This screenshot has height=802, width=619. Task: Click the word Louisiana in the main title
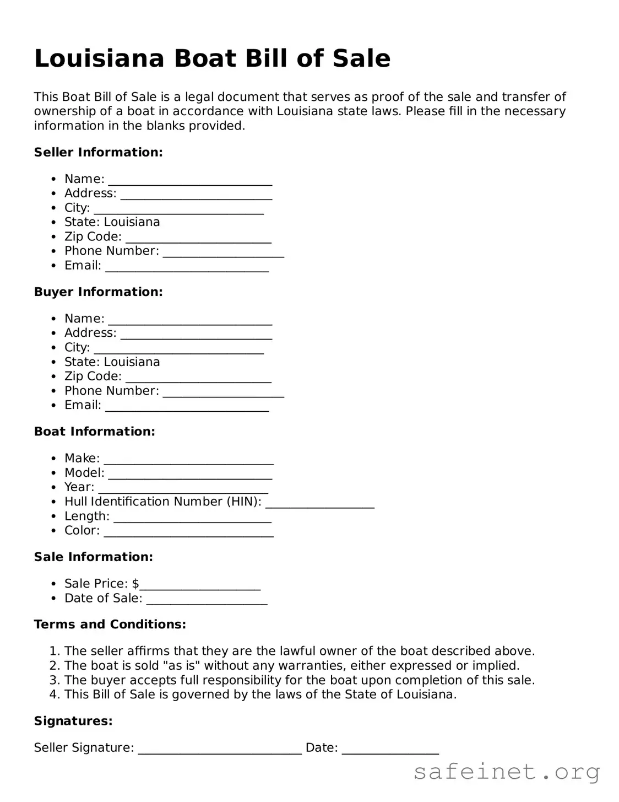point(99,58)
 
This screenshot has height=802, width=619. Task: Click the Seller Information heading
point(98,152)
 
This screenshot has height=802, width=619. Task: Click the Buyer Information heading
point(98,292)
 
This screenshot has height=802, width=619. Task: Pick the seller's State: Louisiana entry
point(112,222)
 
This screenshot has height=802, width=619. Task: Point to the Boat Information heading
point(94,432)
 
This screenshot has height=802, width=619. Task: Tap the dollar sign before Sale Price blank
point(135,584)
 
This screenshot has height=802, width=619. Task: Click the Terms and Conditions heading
point(110,625)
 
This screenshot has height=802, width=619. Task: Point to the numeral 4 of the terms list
point(53,695)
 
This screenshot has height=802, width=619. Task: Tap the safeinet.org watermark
point(506,772)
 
